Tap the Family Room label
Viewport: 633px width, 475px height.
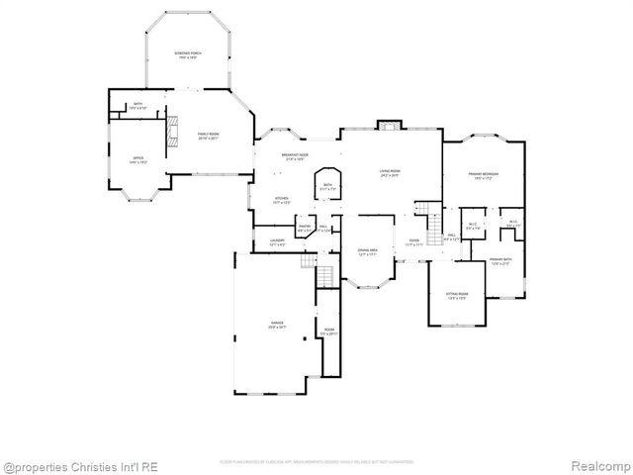[208, 136]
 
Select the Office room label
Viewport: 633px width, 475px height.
[139, 159]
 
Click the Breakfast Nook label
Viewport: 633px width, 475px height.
[295, 156]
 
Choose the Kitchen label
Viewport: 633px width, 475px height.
[282, 200]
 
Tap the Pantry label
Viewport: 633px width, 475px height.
[305, 229]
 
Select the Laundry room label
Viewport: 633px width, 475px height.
[278, 242]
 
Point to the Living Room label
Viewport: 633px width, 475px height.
[390, 174]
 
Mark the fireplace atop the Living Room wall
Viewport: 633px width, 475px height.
[390, 126]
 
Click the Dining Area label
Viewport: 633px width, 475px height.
[366, 251]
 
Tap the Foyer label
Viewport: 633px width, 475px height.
[414, 242]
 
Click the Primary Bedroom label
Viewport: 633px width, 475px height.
[484, 176]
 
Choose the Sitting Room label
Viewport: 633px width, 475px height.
[456, 296]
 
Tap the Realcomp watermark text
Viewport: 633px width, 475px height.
[596, 465]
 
